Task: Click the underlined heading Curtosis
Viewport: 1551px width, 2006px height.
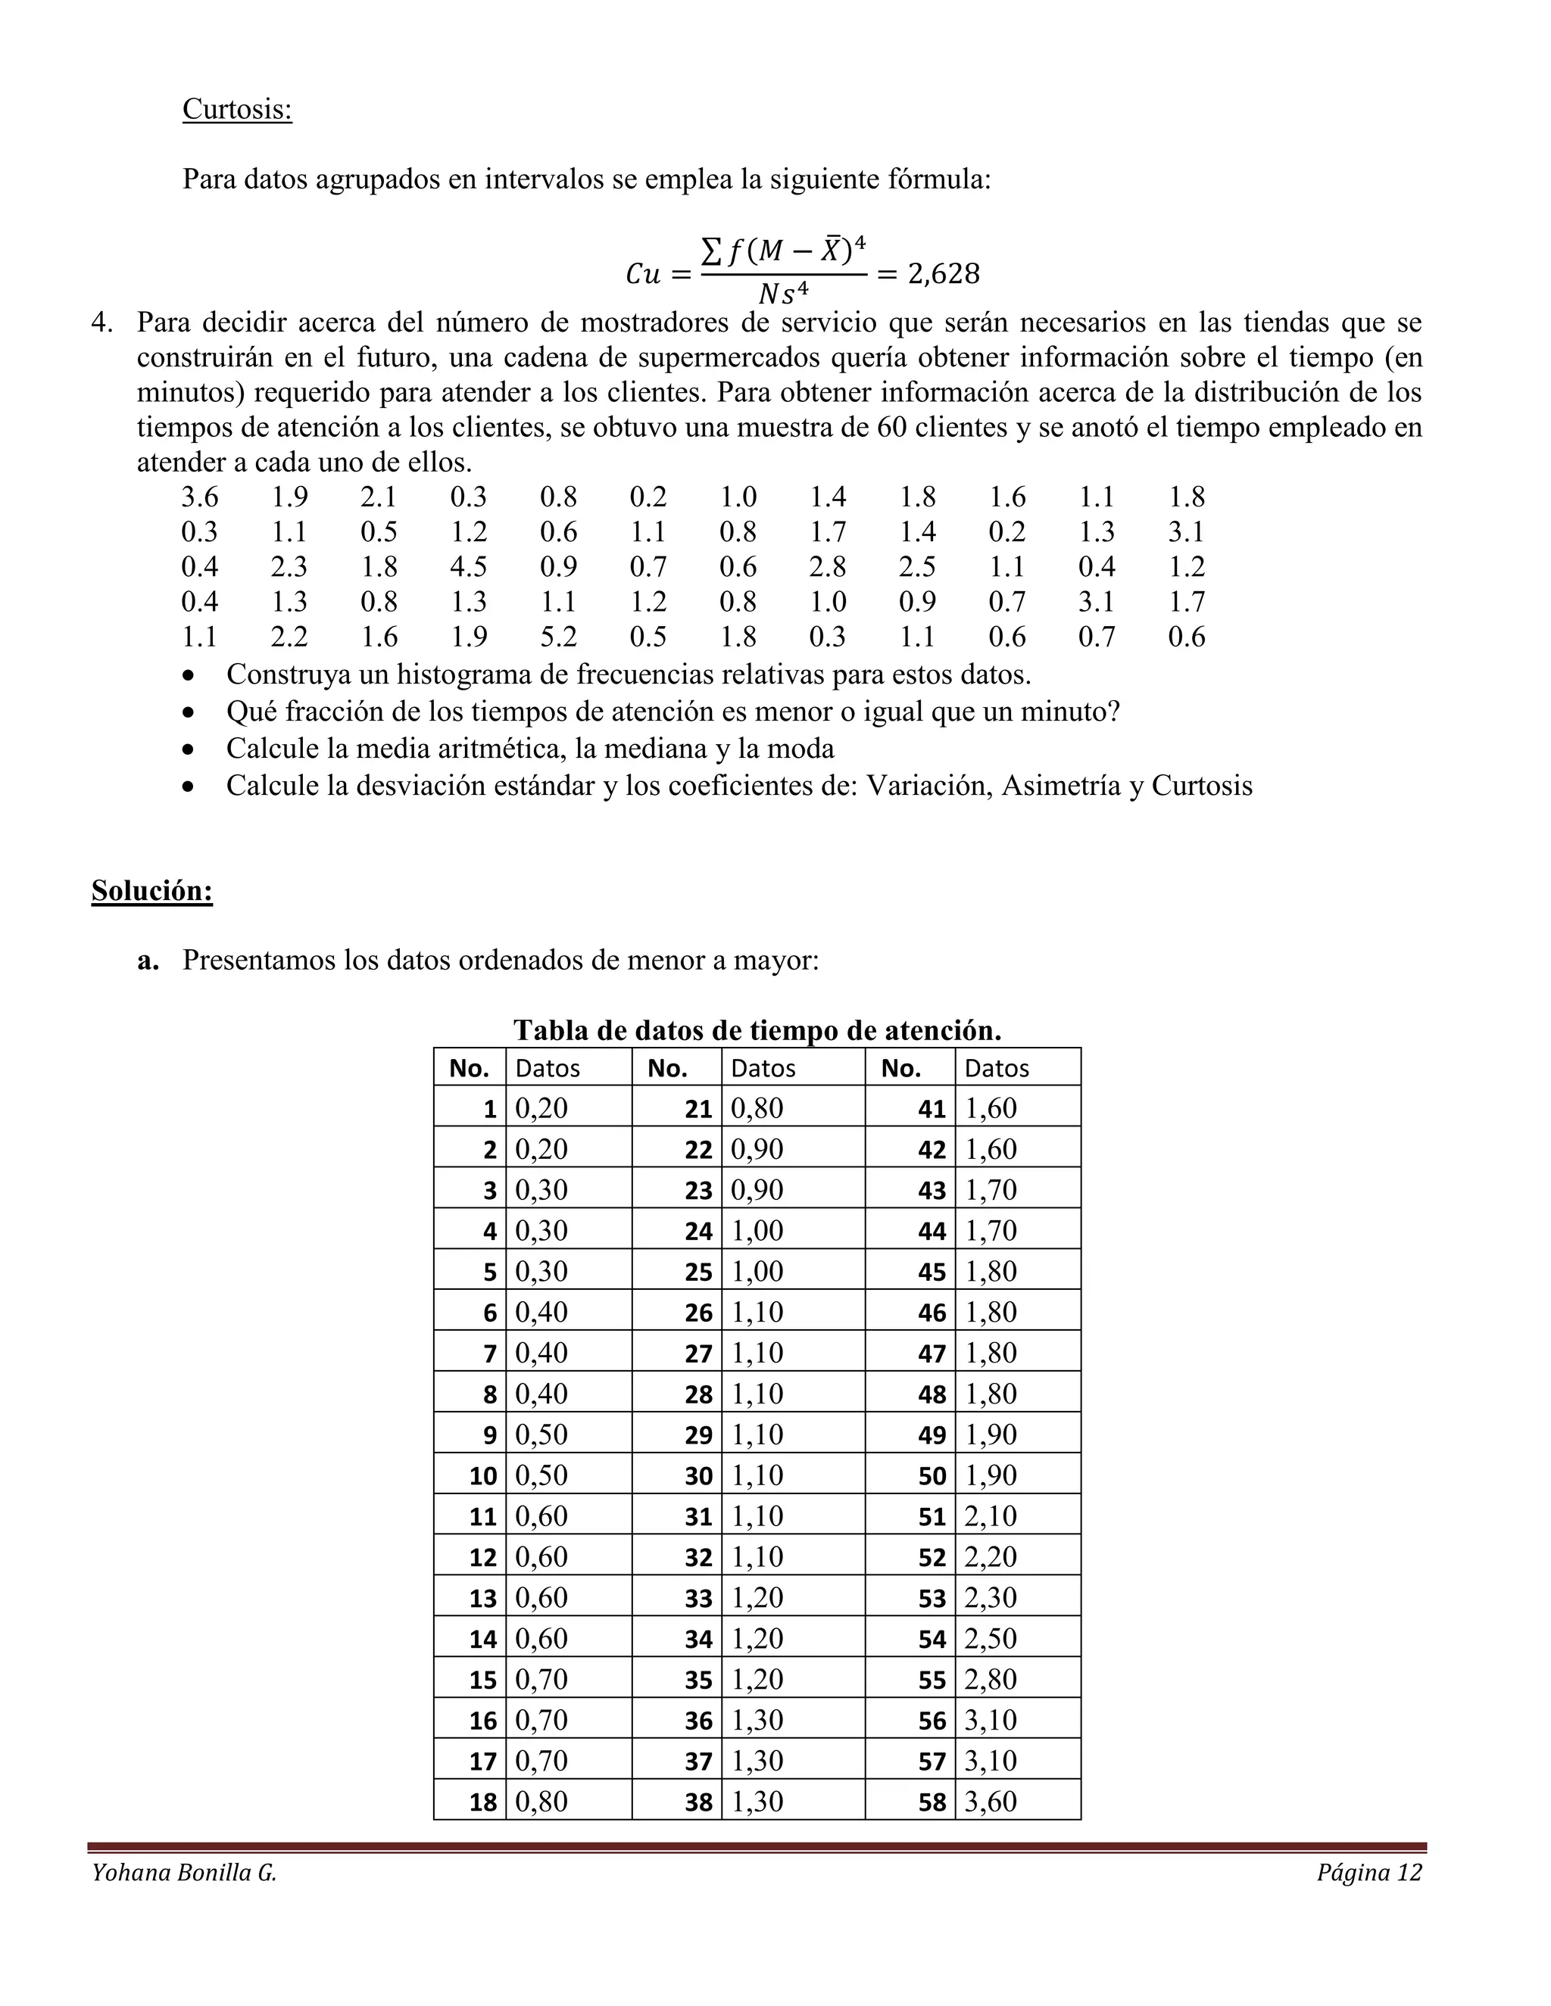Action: tap(237, 108)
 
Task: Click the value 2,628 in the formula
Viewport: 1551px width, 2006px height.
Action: tap(943, 274)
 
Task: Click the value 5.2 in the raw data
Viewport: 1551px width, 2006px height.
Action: tap(557, 637)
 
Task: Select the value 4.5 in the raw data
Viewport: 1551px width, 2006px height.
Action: tap(468, 567)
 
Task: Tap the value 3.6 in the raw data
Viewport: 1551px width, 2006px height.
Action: tap(199, 497)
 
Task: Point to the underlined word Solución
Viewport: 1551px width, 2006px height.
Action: tap(151, 890)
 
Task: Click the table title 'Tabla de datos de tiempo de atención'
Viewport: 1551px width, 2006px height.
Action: tap(757, 1029)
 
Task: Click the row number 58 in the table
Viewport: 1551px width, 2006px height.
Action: tap(931, 1802)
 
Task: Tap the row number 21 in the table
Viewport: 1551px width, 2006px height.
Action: tap(697, 1109)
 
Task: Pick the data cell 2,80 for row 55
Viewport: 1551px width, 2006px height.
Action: tap(991, 1679)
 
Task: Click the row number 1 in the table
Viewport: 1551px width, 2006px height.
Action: tap(490, 1109)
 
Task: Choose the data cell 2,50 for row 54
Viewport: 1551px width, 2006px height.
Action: tap(991, 1639)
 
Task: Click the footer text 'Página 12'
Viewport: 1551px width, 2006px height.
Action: tap(1368, 1873)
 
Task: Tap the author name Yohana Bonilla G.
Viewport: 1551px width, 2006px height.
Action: tap(184, 1873)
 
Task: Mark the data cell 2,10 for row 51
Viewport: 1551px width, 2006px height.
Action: tap(991, 1516)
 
